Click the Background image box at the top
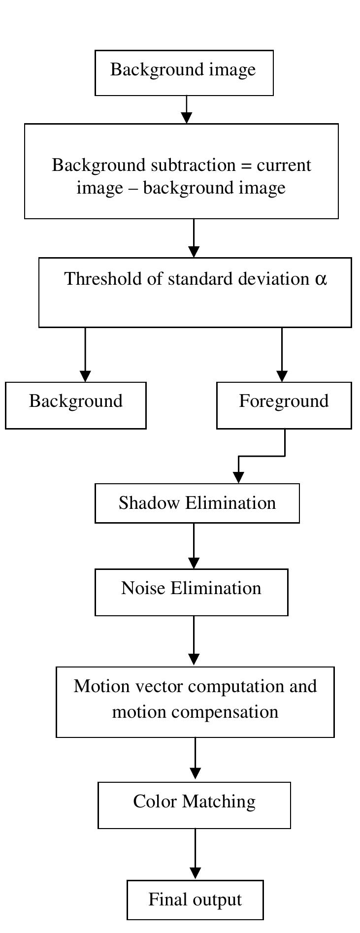[x=184, y=72]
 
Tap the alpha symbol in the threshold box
[x=320, y=279]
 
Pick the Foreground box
[x=284, y=404]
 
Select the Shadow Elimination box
[x=197, y=503]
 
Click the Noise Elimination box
[x=191, y=592]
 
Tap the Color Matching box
[x=194, y=804]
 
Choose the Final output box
[x=195, y=900]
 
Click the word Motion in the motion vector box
[x=101, y=686]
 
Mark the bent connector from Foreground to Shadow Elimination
[x=261, y=456]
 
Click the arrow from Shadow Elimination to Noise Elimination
[x=194, y=545]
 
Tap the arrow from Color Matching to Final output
[x=195, y=854]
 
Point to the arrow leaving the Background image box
[x=186, y=109]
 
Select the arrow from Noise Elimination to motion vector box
[x=194, y=640]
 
